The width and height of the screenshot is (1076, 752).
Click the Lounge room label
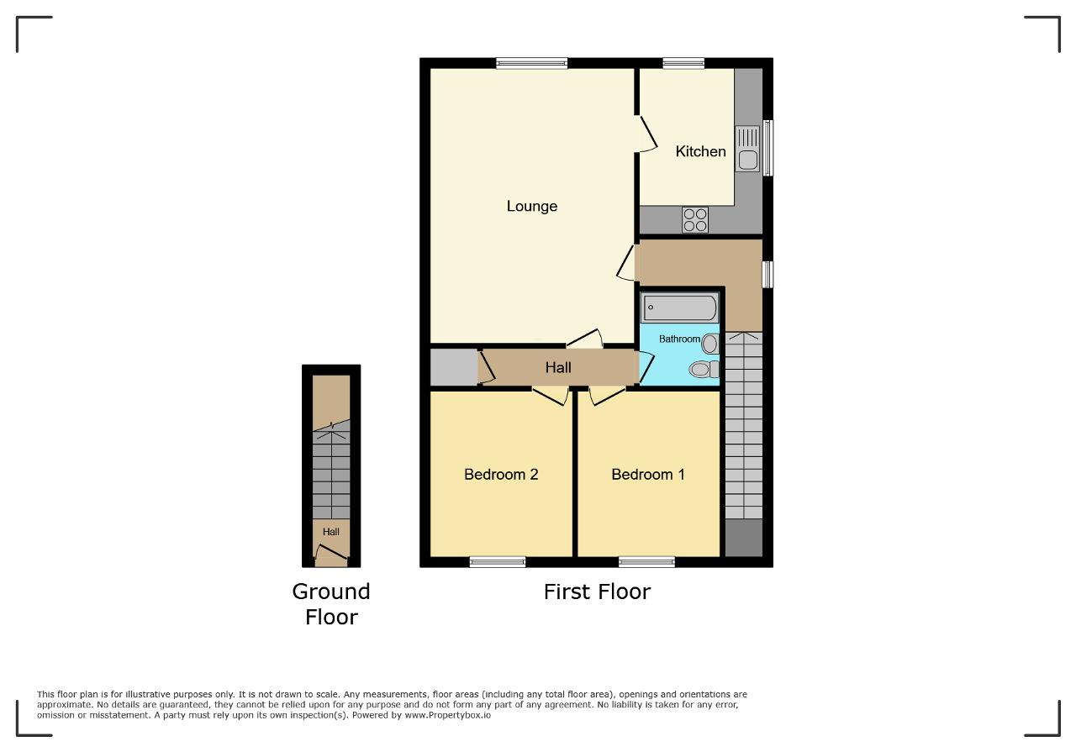click(x=532, y=207)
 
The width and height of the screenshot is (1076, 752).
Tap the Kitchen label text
click(x=700, y=152)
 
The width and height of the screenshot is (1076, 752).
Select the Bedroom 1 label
click(x=647, y=475)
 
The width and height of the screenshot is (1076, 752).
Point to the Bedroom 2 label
click(x=501, y=475)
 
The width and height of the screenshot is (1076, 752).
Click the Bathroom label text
click(x=679, y=339)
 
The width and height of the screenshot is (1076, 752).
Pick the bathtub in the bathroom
click(x=680, y=308)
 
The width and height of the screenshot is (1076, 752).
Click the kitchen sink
click(x=747, y=149)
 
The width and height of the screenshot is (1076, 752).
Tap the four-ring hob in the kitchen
click(x=695, y=220)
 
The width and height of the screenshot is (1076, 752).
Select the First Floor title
click(x=597, y=592)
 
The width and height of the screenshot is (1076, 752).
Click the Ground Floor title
click(x=331, y=604)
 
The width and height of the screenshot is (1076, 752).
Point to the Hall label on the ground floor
click(x=331, y=532)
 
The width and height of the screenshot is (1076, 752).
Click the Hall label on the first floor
click(x=558, y=368)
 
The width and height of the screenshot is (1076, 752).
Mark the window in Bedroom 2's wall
click(x=498, y=562)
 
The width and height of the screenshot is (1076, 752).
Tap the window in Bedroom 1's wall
click(x=646, y=562)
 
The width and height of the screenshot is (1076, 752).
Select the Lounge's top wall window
click(x=532, y=63)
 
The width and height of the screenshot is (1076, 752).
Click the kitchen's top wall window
click(x=683, y=63)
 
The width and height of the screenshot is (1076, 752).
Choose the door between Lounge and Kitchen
click(x=646, y=134)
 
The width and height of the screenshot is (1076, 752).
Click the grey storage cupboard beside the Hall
click(x=454, y=367)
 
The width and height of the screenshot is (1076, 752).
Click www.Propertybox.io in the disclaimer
click(x=448, y=715)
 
